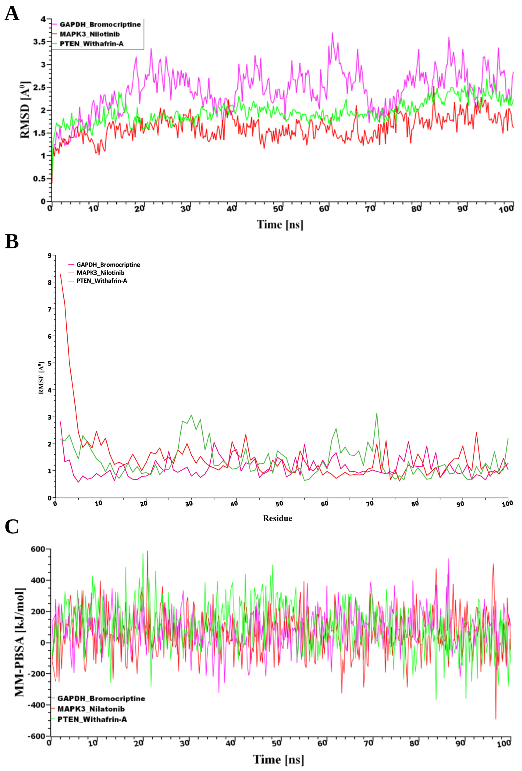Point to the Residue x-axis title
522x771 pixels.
[x=278, y=518]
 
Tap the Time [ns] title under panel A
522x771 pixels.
[x=280, y=225]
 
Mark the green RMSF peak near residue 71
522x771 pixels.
[x=377, y=413]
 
